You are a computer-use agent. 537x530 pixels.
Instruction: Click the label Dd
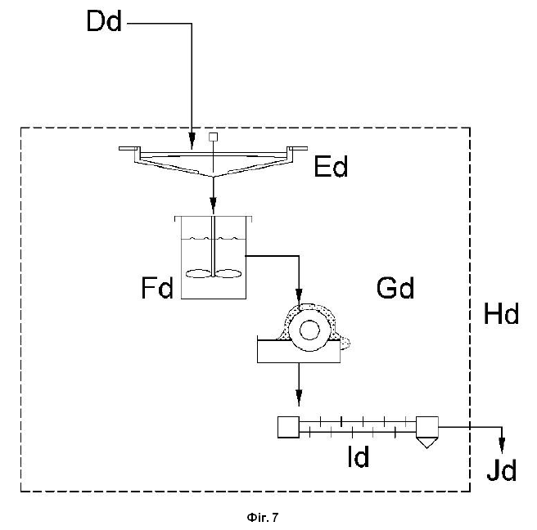point(104,21)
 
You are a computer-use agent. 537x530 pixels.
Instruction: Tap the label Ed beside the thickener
point(331,166)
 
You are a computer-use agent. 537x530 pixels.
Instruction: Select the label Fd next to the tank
point(157,288)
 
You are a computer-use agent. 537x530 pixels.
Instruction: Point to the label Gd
point(395,287)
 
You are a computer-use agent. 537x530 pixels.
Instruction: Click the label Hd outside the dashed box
point(501,313)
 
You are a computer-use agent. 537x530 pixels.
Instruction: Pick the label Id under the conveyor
point(359,456)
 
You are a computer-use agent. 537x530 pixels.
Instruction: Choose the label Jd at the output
point(502,470)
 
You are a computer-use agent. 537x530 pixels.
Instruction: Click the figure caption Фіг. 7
point(263,518)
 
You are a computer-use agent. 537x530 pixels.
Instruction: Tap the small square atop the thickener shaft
point(213,137)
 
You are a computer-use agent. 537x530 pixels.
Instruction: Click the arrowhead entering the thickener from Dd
point(192,141)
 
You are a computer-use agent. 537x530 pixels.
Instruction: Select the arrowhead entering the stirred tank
point(214,205)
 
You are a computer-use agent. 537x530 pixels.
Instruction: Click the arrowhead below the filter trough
point(299,397)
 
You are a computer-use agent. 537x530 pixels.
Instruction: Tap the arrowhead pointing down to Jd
point(502,446)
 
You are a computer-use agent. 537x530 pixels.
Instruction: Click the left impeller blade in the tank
point(198,273)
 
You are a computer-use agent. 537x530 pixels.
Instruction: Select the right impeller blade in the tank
point(228,273)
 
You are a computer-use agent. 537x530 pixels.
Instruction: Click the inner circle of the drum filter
point(309,330)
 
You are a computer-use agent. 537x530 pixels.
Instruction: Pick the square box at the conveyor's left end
point(288,427)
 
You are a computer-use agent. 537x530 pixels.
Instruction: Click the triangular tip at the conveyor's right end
point(427,442)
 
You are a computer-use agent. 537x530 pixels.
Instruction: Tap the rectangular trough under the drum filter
point(299,352)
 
